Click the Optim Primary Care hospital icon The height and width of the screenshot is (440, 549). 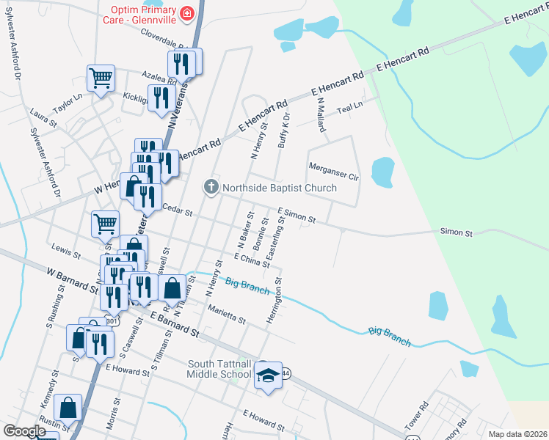click(189, 13)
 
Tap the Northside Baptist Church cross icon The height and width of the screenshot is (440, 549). click(211, 188)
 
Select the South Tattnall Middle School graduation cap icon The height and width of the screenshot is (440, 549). click(268, 375)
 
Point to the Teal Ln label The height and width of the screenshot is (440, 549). click(349, 107)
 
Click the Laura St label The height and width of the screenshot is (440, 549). click(43, 118)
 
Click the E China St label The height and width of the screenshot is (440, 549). click(252, 259)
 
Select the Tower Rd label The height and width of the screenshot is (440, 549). click(415, 416)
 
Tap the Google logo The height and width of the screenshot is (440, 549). click(24, 431)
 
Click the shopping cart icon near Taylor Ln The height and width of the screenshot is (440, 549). click(101, 76)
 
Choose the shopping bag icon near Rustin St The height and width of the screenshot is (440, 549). click(68, 407)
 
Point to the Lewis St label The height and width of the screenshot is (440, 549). click(66, 252)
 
